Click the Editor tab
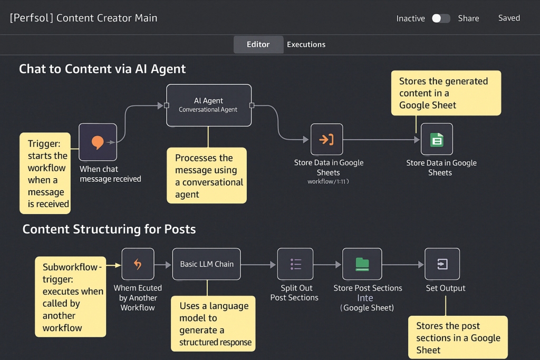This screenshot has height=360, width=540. point(258,44)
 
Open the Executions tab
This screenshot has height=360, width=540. point(306,44)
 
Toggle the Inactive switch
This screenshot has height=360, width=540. point(441,18)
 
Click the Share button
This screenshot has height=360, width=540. point(468,18)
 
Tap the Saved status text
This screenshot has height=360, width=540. point(509,18)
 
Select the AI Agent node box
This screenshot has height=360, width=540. point(209,105)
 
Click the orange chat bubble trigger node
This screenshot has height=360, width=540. point(98,142)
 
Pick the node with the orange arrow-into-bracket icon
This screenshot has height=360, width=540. point(326,139)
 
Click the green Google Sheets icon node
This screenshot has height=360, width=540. point(437,139)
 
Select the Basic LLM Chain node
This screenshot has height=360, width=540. point(207,264)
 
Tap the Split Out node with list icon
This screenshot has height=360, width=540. point(295,264)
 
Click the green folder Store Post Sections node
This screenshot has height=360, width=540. point(362,264)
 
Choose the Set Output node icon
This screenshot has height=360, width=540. point(442,264)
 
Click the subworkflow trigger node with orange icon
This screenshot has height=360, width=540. point(138,264)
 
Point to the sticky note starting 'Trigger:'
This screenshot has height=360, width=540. point(45,173)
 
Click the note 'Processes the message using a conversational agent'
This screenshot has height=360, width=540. point(207,176)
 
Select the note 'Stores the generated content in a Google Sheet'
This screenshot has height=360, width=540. point(446,93)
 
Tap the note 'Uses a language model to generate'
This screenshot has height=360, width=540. point(213,324)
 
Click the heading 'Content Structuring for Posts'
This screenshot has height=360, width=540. point(109,229)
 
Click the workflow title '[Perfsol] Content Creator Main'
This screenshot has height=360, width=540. point(84,18)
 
